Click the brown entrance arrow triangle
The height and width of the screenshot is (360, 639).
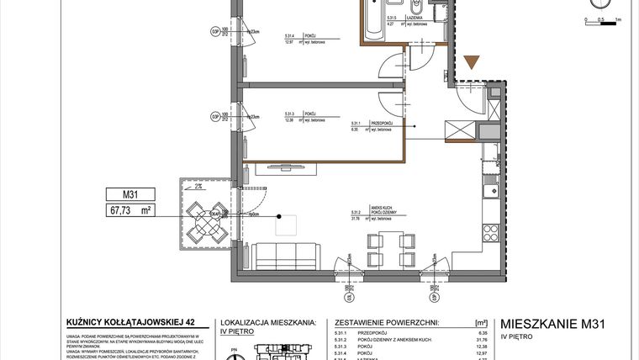tap(473, 61)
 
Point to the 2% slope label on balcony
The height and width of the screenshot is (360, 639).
tap(196, 187)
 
